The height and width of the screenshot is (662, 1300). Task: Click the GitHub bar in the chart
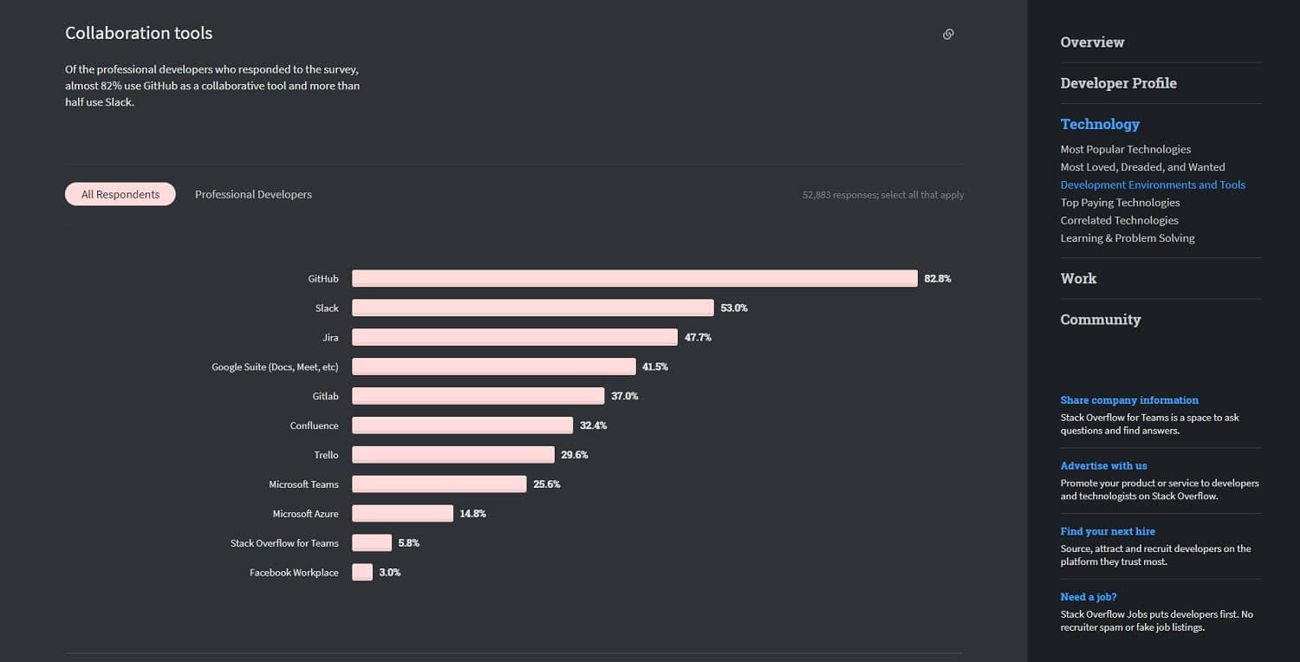pyautogui.click(x=634, y=278)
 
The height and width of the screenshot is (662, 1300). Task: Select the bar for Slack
pyautogui.click(x=532, y=308)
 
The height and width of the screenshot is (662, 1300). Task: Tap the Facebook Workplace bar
pyautogui.click(x=362, y=572)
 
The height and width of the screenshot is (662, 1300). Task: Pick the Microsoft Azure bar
pyautogui.click(x=402, y=513)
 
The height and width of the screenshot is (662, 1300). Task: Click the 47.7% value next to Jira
pyautogui.click(x=698, y=337)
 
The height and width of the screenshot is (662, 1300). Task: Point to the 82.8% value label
pyautogui.click(x=938, y=278)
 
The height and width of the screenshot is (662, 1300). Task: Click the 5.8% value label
pyautogui.click(x=409, y=543)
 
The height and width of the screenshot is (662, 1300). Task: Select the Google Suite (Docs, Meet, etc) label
pyautogui.click(x=275, y=367)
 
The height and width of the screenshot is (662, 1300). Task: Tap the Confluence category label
pyautogui.click(x=314, y=425)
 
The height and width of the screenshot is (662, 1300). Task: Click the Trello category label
pyautogui.click(x=326, y=455)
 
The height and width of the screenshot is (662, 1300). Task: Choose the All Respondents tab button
pyautogui.click(x=120, y=194)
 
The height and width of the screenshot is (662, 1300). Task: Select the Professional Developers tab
pyautogui.click(x=253, y=194)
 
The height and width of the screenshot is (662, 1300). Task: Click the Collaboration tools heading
pyautogui.click(x=139, y=33)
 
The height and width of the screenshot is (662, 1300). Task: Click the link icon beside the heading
pyautogui.click(x=948, y=34)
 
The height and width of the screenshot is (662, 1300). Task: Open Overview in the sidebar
pyautogui.click(x=1092, y=42)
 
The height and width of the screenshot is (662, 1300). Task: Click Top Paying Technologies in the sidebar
pyautogui.click(x=1120, y=202)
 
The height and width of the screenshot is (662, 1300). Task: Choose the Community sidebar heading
pyautogui.click(x=1100, y=319)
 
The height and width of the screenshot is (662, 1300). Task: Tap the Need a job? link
pyautogui.click(x=1089, y=596)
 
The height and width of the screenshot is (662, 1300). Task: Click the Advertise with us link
pyautogui.click(x=1103, y=465)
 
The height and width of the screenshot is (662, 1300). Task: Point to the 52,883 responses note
pyautogui.click(x=882, y=195)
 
